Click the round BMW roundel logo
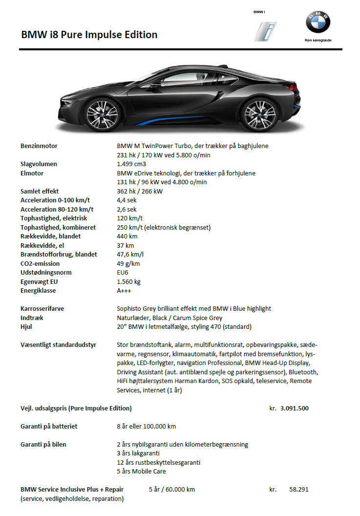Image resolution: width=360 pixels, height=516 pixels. coord(318,22)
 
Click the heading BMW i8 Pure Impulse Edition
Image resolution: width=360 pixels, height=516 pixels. coord(89,35)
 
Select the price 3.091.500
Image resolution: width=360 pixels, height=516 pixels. coord(294,408)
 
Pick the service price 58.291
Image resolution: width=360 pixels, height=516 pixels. coord(298,489)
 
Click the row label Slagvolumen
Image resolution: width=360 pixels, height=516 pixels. coord(39,164)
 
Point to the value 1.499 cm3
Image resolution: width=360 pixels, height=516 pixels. coord(131,164)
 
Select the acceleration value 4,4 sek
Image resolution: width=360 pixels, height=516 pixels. coord(127,200)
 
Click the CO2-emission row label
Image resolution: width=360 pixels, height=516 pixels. coord(41,263)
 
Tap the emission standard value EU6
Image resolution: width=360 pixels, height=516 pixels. coord(123,272)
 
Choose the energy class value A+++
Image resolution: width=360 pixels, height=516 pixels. coord(124,290)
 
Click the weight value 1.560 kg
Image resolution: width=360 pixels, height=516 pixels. coord(128,281)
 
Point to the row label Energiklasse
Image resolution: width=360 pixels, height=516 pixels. coord(38,290)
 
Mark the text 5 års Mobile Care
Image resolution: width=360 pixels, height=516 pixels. coord(141,471)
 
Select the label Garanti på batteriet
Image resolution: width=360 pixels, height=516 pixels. coord(49,426)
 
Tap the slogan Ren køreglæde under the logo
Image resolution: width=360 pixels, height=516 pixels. coord(318,41)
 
